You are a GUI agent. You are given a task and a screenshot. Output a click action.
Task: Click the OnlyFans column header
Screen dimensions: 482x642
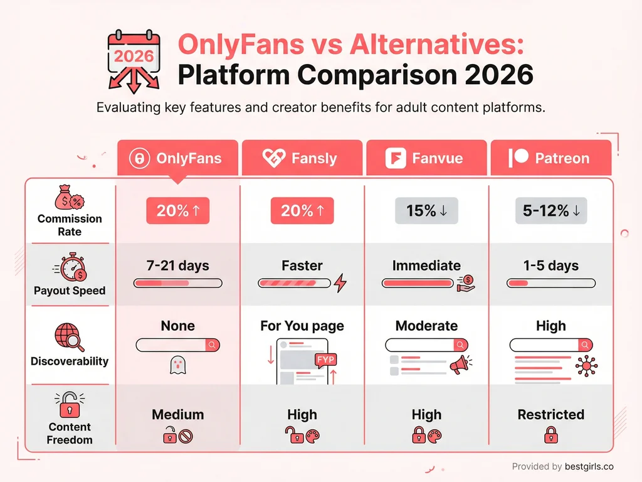pyautogui.click(x=177, y=158)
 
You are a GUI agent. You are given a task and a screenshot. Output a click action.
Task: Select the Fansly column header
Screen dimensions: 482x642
pyautogui.click(x=302, y=158)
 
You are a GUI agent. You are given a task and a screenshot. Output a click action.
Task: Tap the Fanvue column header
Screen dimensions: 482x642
pyautogui.click(x=426, y=158)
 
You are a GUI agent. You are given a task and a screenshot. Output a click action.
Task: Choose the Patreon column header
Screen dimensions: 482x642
pyautogui.click(x=550, y=158)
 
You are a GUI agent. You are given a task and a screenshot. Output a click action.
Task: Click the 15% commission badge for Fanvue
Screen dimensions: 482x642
pyautogui.click(x=426, y=211)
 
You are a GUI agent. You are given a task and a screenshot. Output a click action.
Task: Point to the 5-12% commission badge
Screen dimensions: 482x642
pyautogui.click(x=551, y=211)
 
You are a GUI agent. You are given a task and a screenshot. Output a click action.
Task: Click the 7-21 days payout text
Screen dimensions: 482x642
pyautogui.click(x=178, y=265)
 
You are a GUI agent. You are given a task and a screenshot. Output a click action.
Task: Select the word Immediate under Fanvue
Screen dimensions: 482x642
pyautogui.click(x=426, y=265)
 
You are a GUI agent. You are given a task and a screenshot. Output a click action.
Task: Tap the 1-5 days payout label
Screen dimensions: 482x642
pyautogui.click(x=551, y=265)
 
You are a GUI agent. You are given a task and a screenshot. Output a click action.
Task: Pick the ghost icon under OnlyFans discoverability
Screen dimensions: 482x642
pyautogui.click(x=178, y=366)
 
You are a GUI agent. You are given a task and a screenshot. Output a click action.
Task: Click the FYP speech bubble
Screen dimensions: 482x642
pyautogui.click(x=326, y=360)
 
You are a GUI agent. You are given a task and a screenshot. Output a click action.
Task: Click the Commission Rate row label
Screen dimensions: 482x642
pyautogui.click(x=70, y=225)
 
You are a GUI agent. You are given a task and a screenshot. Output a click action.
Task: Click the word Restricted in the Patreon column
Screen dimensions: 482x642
pyautogui.click(x=551, y=414)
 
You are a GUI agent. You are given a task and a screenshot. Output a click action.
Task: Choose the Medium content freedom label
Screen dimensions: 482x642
pyautogui.click(x=178, y=414)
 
